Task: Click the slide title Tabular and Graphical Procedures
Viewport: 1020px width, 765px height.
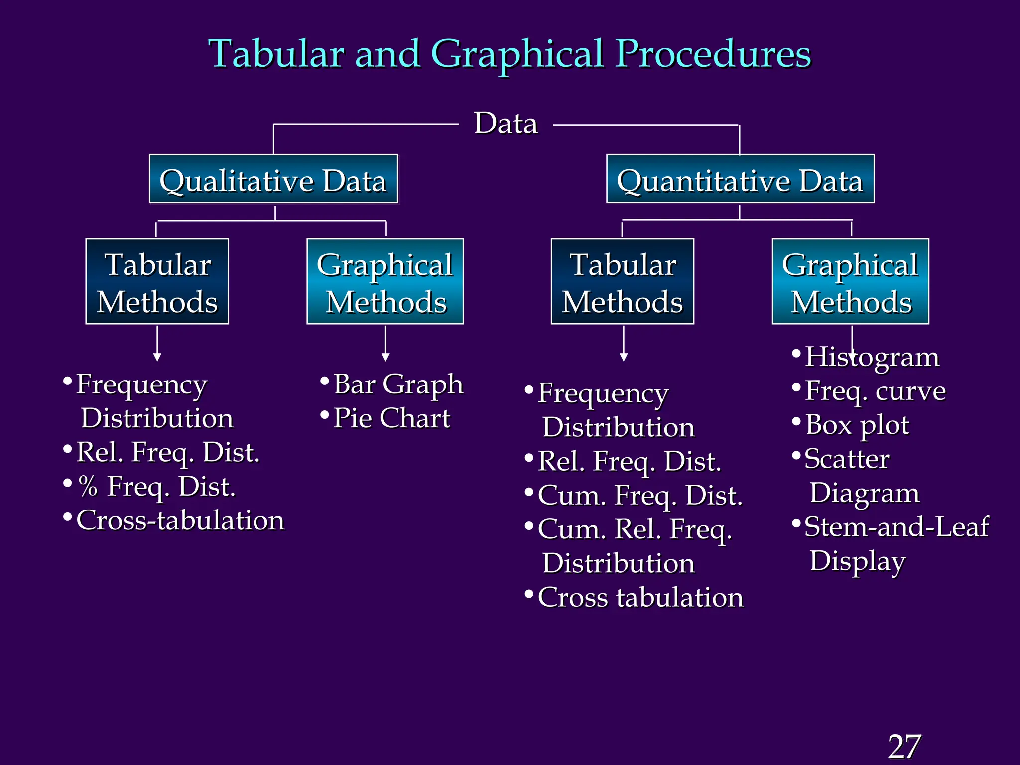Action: [x=510, y=54]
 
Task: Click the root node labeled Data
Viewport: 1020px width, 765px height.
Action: [x=506, y=123]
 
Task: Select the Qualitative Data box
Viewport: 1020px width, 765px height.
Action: [x=273, y=179]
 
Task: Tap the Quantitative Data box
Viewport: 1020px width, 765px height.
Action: [x=740, y=179]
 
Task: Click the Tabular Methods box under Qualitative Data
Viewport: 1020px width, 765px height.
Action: [x=157, y=281]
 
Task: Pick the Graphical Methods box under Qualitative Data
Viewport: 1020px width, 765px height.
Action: [x=385, y=281]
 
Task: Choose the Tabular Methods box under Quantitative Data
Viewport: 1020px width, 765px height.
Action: [x=623, y=281]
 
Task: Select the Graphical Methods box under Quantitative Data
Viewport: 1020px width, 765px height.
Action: [x=851, y=281]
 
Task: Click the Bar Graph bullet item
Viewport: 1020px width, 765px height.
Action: [x=397, y=384]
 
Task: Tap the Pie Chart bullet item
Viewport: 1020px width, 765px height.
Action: [x=391, y=418]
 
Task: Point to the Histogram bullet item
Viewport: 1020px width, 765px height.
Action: [x=872, y=357]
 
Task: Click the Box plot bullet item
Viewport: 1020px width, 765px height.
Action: [x=857, y=425]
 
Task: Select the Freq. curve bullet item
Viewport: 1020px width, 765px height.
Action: [x=875, y=391]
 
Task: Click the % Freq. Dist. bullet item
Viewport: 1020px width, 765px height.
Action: [x=156, y=487]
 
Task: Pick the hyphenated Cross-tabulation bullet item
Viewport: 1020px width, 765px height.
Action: [x=180, y=520]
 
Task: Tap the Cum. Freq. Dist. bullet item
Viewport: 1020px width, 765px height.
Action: [x=640, y=496]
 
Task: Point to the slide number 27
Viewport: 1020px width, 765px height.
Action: [x=904, y=747]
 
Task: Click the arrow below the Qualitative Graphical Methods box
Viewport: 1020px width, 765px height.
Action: [x=385, y=344]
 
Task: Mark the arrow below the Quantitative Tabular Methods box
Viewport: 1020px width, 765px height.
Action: [x=624, y=344]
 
